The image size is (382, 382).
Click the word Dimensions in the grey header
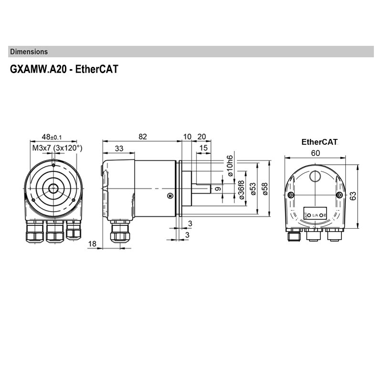click(x=29, y=52)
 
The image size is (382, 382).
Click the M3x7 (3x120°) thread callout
click(x=57, y=148)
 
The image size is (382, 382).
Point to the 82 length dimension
click(x=142, y=137)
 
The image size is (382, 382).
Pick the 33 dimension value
click(x=119, y=149)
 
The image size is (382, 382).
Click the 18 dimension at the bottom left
click(x=93, y=244)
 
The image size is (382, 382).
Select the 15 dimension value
click(x=204, y=149)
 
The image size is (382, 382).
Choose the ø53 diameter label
click(x=253, y=189)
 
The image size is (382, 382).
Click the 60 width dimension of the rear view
click(x=316, y=153)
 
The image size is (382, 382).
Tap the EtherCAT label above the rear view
click(x=319, y=142)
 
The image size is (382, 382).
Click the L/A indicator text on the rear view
click(x=315, y=215)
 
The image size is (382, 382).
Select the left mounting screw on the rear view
click(x=290, y=195)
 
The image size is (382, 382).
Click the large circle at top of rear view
click(x=315, y=177)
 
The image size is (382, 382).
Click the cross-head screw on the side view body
click(x=170, y=195)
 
